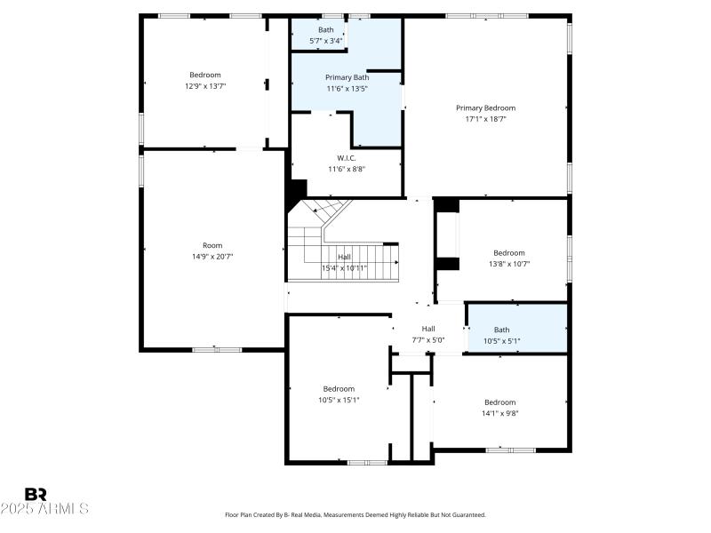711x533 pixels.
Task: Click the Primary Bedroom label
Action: coord(485,107)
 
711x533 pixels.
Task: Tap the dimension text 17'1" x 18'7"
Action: coord(485,119)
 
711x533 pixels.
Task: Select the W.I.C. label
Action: coord(347,158)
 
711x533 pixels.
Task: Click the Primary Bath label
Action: coord(347,77)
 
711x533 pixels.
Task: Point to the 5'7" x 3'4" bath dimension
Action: coord(326,41)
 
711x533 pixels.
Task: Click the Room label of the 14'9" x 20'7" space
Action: coord(212,245)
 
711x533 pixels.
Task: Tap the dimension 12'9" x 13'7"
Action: coord(204,86)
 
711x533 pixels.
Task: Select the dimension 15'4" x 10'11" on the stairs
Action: coord(344,267)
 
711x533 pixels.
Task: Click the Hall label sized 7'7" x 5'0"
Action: coord(428,328)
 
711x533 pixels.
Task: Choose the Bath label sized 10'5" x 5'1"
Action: coord(502,330)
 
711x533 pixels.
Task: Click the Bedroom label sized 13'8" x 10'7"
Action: coord(509,252)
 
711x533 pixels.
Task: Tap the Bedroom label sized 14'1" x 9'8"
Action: coord(499,402)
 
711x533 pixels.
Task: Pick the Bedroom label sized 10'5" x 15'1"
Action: coord(339,388)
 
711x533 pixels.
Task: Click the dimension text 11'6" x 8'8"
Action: coord(347,169)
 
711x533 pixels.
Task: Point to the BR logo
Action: coord(36,494)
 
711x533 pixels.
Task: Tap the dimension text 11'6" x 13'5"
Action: coord(347,89)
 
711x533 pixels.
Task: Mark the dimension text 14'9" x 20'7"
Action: coord(212,256)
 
